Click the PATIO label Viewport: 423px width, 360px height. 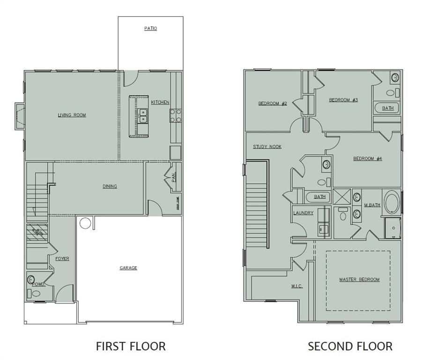(150, 29)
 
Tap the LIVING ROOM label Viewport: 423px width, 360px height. (72, 115)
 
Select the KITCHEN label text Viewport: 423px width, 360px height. (160, 102)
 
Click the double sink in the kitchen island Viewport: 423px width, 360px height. (142, 116)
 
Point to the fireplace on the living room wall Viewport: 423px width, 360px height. (19, 116)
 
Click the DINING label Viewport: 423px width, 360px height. (110, 186)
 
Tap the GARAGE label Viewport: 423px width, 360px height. (128, 268)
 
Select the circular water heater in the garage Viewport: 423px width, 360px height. (85, 223)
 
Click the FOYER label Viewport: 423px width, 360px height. (62, 259)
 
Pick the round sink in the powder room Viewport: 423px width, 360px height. (32, 280)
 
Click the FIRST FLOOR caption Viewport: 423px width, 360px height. (131, 346)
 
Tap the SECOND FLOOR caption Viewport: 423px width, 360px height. (350, 346)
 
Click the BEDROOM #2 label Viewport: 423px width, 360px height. (272, 104)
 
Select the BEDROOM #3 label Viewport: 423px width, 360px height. (343, 100)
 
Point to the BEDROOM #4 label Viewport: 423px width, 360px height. (367, 158)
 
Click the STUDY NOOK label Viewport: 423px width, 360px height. (267, 147)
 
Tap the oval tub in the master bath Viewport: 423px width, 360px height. (392, 202)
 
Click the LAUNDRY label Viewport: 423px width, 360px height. (303, 213)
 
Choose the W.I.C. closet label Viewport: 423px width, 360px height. (297, 286)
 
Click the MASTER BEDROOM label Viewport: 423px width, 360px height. (359, 280)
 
